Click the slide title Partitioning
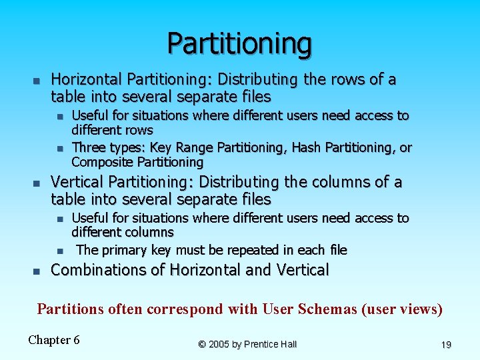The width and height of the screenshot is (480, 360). (239, 43)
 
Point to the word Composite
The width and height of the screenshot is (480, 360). (103, 162)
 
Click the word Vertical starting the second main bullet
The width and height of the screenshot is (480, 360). (77, 182)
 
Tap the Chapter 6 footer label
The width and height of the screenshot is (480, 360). (54, 340)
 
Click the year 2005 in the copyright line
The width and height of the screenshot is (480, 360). (219, 344)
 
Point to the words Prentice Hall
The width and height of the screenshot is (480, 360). (271, 344)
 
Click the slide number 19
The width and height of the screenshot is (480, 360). (446, 345)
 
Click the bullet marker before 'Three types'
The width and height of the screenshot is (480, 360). (59, 148)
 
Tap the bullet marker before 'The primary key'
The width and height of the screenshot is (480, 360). (59, 251)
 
